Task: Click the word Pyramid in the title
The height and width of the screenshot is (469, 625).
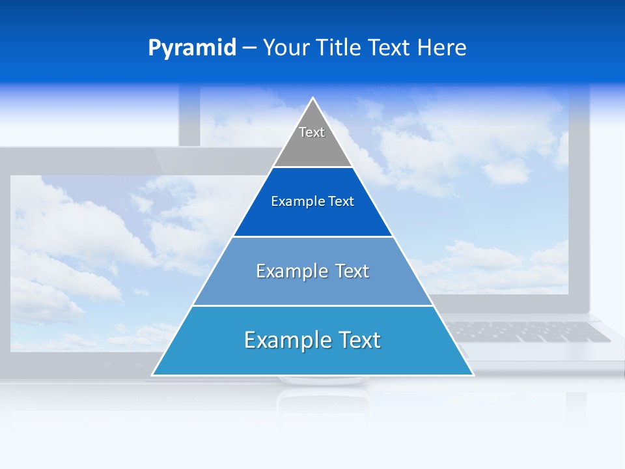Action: coord(191,48)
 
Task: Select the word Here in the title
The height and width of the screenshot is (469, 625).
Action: coord(441,48)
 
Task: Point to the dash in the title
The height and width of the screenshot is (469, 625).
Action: coord(249,48)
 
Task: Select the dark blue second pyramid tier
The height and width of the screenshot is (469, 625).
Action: coord(312,218)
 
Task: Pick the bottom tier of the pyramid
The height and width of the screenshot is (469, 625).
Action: coord(312,358)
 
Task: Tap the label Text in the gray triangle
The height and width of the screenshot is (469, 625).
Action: coord(312,132)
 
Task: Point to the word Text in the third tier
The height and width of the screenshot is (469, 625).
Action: coord(352,271)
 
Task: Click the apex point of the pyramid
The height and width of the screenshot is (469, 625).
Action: coord(313,99)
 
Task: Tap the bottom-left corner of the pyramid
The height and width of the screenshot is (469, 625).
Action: coord(153,375)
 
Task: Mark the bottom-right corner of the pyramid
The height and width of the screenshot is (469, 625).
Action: coord(473,375)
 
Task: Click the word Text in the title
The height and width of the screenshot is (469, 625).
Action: coord(389,48)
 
